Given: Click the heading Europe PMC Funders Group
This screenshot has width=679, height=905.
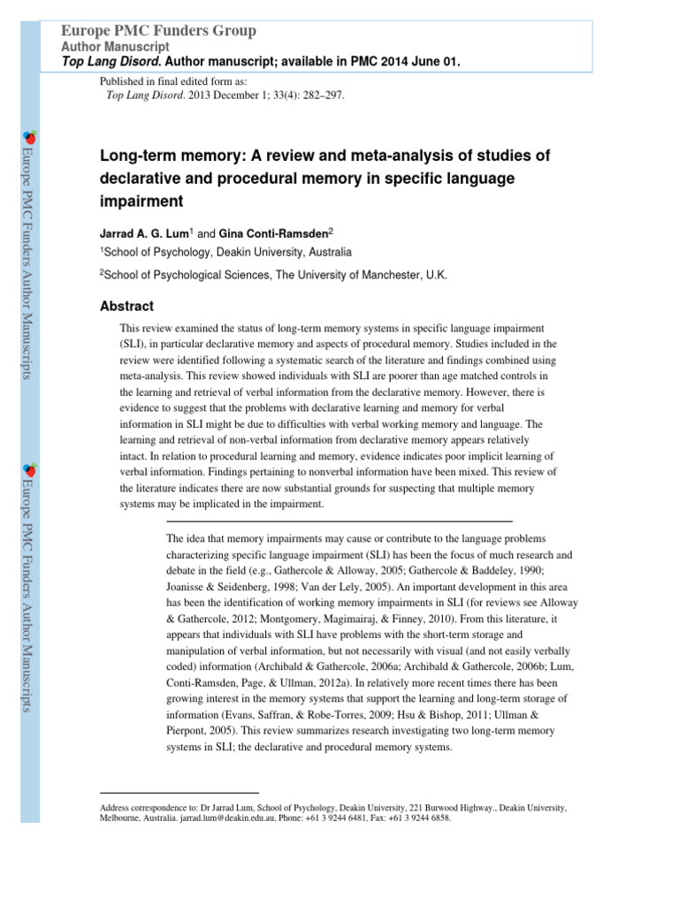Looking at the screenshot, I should point(157,31).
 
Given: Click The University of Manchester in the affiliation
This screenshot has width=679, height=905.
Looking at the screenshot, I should point(357,275).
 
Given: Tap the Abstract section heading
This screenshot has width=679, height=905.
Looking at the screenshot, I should point(127,307).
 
